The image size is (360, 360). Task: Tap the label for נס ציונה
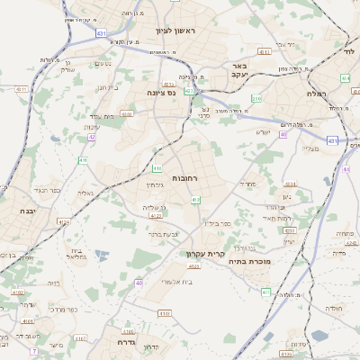pos(168,92)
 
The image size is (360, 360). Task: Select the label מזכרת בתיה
pos(260,261)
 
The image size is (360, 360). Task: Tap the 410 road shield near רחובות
pos(158,168)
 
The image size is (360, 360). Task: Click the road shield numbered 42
pos(93,137)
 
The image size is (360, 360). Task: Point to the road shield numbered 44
pos(346,168)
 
